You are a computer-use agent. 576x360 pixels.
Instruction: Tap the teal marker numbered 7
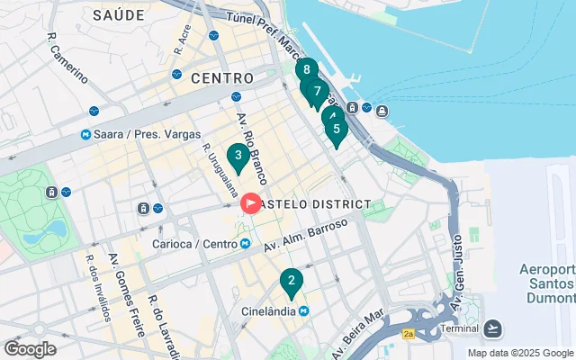point(317,92)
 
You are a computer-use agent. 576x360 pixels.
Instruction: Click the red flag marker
point(249,204)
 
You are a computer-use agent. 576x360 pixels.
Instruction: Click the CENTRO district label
point(221,78)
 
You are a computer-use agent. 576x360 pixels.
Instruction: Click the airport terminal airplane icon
point(493,327)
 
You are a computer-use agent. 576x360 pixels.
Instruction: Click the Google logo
point(30,349)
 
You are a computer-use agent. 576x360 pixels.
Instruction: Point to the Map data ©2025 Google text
point(520,353)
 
